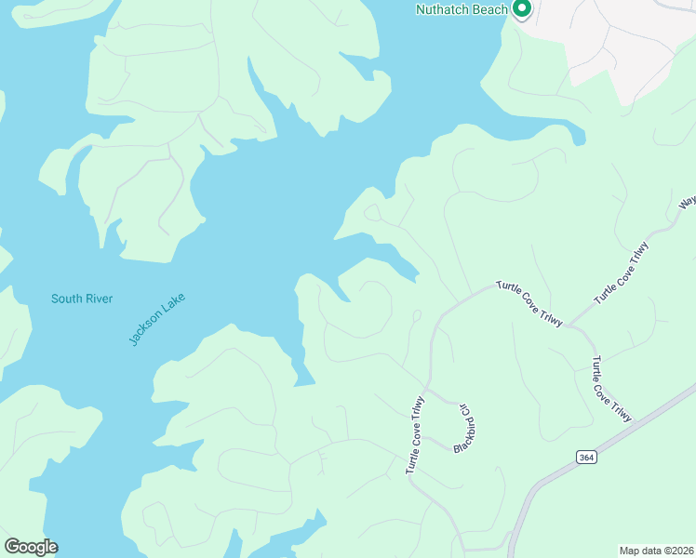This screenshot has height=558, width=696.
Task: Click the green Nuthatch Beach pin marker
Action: tap(522, 9)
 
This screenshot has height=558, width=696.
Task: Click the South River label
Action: tap(82, 299)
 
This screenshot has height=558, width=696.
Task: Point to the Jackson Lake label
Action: tap(157, 319)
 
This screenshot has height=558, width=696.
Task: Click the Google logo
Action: tap(31, 547)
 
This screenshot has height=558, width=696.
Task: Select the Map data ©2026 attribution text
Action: tap(655, 550)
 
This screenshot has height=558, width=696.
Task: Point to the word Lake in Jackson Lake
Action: tap(172, 307)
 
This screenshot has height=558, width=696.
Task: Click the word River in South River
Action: tap(98, 299)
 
